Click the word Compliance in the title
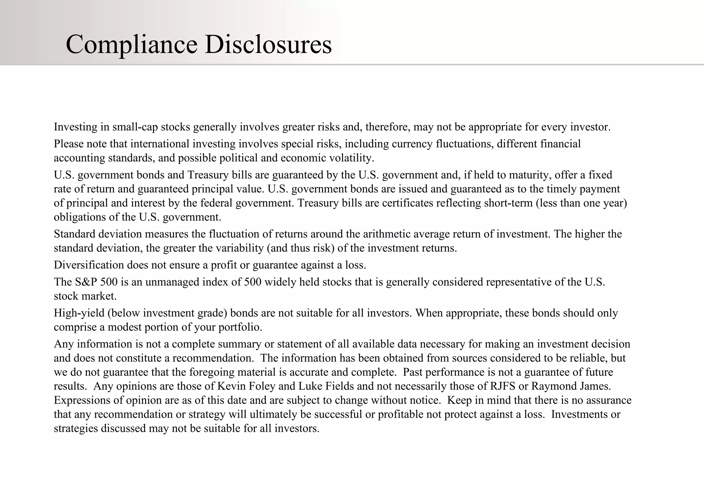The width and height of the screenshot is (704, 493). pyautogui.click(x=131, y=45)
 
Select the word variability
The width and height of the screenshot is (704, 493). pyautogui.click(x=239, y=248)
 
